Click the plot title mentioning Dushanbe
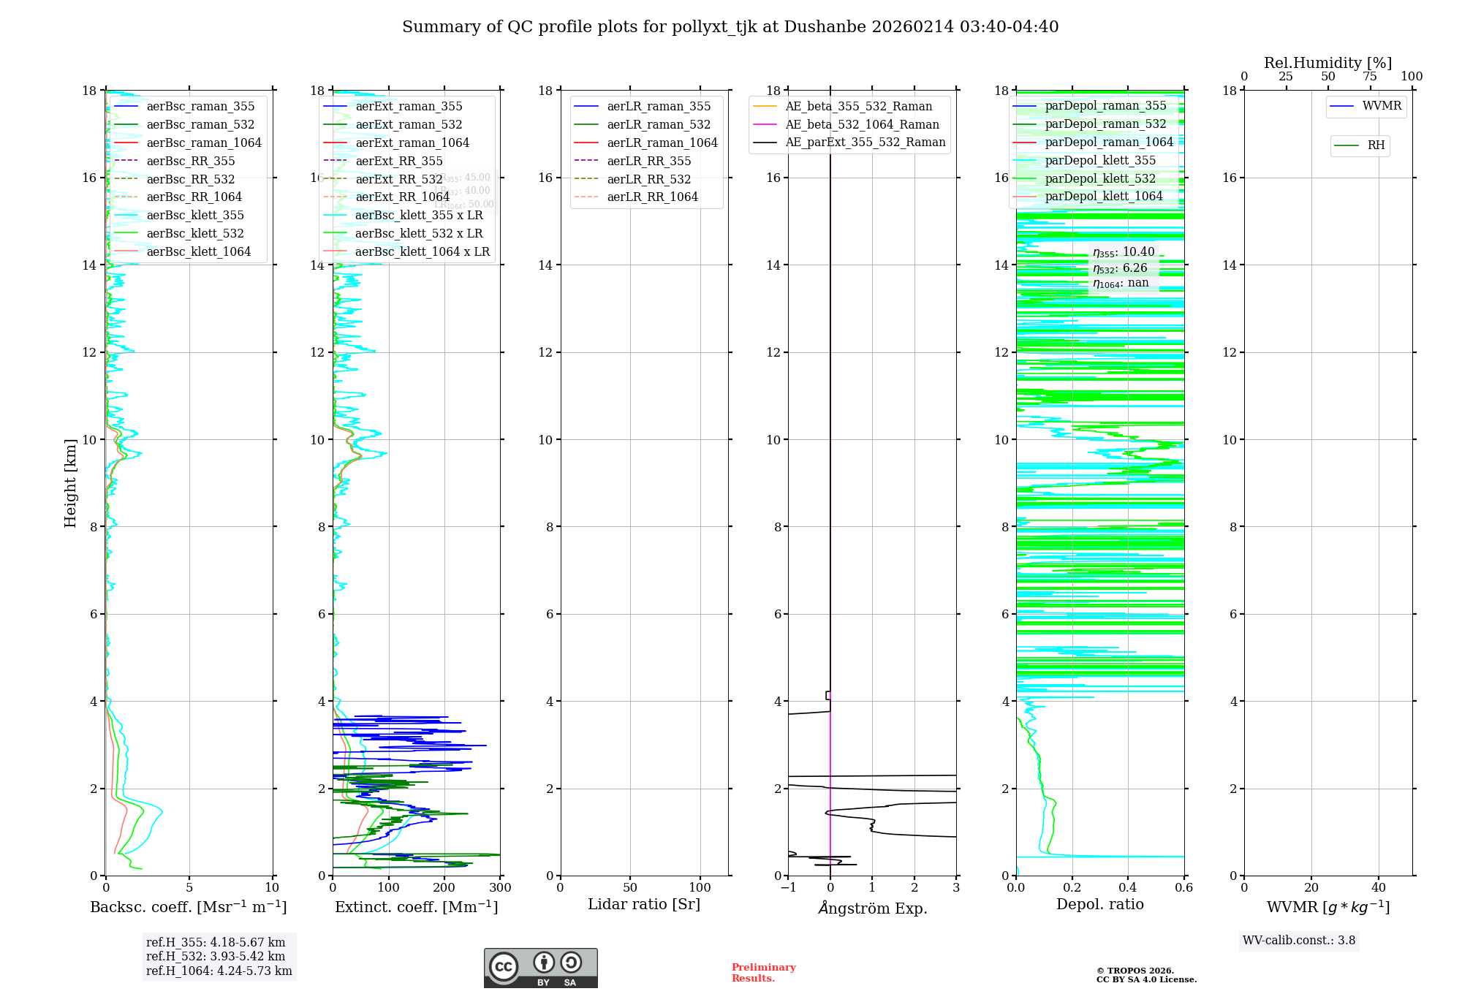click(x=730, y=27)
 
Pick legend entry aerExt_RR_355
click(x=399, y=162)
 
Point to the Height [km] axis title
click(x=70, y=482)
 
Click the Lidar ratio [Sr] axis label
click(x=644, y=904)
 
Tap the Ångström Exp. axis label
click(x=872, y=908)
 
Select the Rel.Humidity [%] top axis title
click(x=1327, y=63)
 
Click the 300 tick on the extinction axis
click(x=500, y=888)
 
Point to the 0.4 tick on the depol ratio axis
click(x=1128, y=888)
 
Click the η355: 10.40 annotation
click(x=1124, y=252)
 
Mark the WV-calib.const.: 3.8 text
click(x=1298, y=941)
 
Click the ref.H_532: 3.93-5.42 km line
click(x=216, y=957)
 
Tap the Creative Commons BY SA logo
click(x=540, y=968)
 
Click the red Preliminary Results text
click(x=763, y=973)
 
